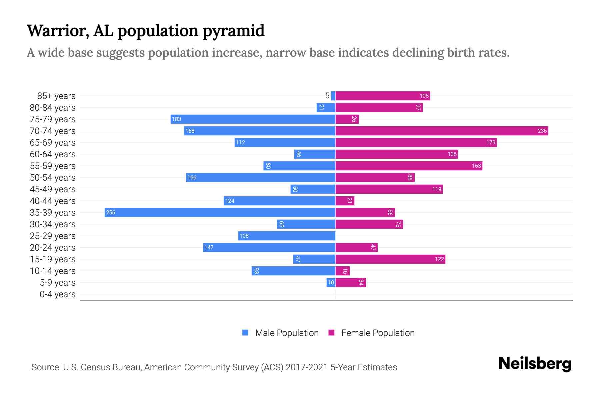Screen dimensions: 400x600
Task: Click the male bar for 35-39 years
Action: click(x=220, y=212)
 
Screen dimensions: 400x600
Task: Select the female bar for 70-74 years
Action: click(x=442, y=131)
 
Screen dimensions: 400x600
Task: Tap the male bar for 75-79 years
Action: click(x=253, y=119)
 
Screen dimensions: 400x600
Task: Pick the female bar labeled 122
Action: click(x=390, y=259)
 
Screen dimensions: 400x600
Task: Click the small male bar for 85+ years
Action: click(x=333, y=96)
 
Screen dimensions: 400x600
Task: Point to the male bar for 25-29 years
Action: click(x=287, y=236)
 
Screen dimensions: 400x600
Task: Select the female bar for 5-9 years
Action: click(x=350, y=282)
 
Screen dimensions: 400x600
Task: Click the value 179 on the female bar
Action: click(x=491, y=142)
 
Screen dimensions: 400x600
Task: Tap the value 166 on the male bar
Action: click(x=192, y=177)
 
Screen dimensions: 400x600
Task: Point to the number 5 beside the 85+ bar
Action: click(x=327, y=96)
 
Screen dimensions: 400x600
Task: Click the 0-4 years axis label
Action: click(x=57, y=294)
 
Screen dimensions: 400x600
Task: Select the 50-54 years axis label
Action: click(x=53, y=177)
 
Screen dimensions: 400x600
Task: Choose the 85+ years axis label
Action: click(x=56, y=96)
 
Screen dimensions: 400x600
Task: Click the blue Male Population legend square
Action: click(x=245, y=333)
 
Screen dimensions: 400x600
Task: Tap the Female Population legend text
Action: click(x=378, y=333)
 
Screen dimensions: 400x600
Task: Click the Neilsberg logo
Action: click(x=535, y=364)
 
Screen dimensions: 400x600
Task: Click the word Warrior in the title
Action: click(x=58, y=31)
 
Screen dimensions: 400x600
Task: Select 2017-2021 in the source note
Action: click(x=307, y=367)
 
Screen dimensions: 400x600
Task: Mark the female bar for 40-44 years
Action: click(x=345, y=201)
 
